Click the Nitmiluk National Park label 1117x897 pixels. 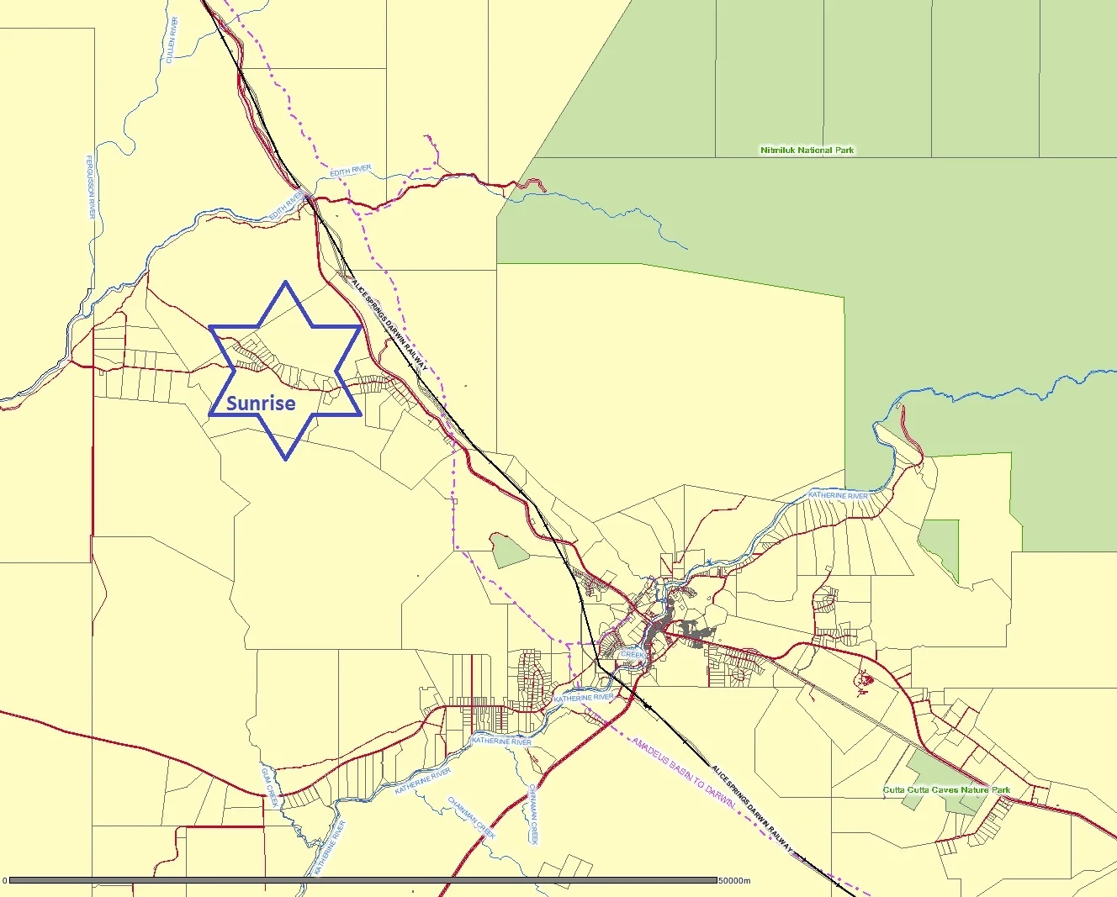tap(807, 150)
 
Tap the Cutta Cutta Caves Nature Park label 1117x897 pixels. tap(946, 790)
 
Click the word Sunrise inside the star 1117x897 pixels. tap(261, 403)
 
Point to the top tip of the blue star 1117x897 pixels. tap(286, 282)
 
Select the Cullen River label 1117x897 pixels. tap(172, 40)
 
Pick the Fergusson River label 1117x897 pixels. tap(91, 187)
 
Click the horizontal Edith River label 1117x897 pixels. tap(351, 171)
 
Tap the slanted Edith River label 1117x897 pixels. tap(286, 206)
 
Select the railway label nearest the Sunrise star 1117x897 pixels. tap(389, 325)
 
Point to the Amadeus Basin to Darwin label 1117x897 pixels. tap(683, 774)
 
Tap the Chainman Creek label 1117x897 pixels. tap(471, 817)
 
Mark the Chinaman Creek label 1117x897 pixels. tap(532, 815)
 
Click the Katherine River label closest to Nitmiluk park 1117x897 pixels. tap(838, 496)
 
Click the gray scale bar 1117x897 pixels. tap(362, 880)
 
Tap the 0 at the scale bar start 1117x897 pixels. tap(4, 881)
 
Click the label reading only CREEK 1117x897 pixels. tap(632, 654)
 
